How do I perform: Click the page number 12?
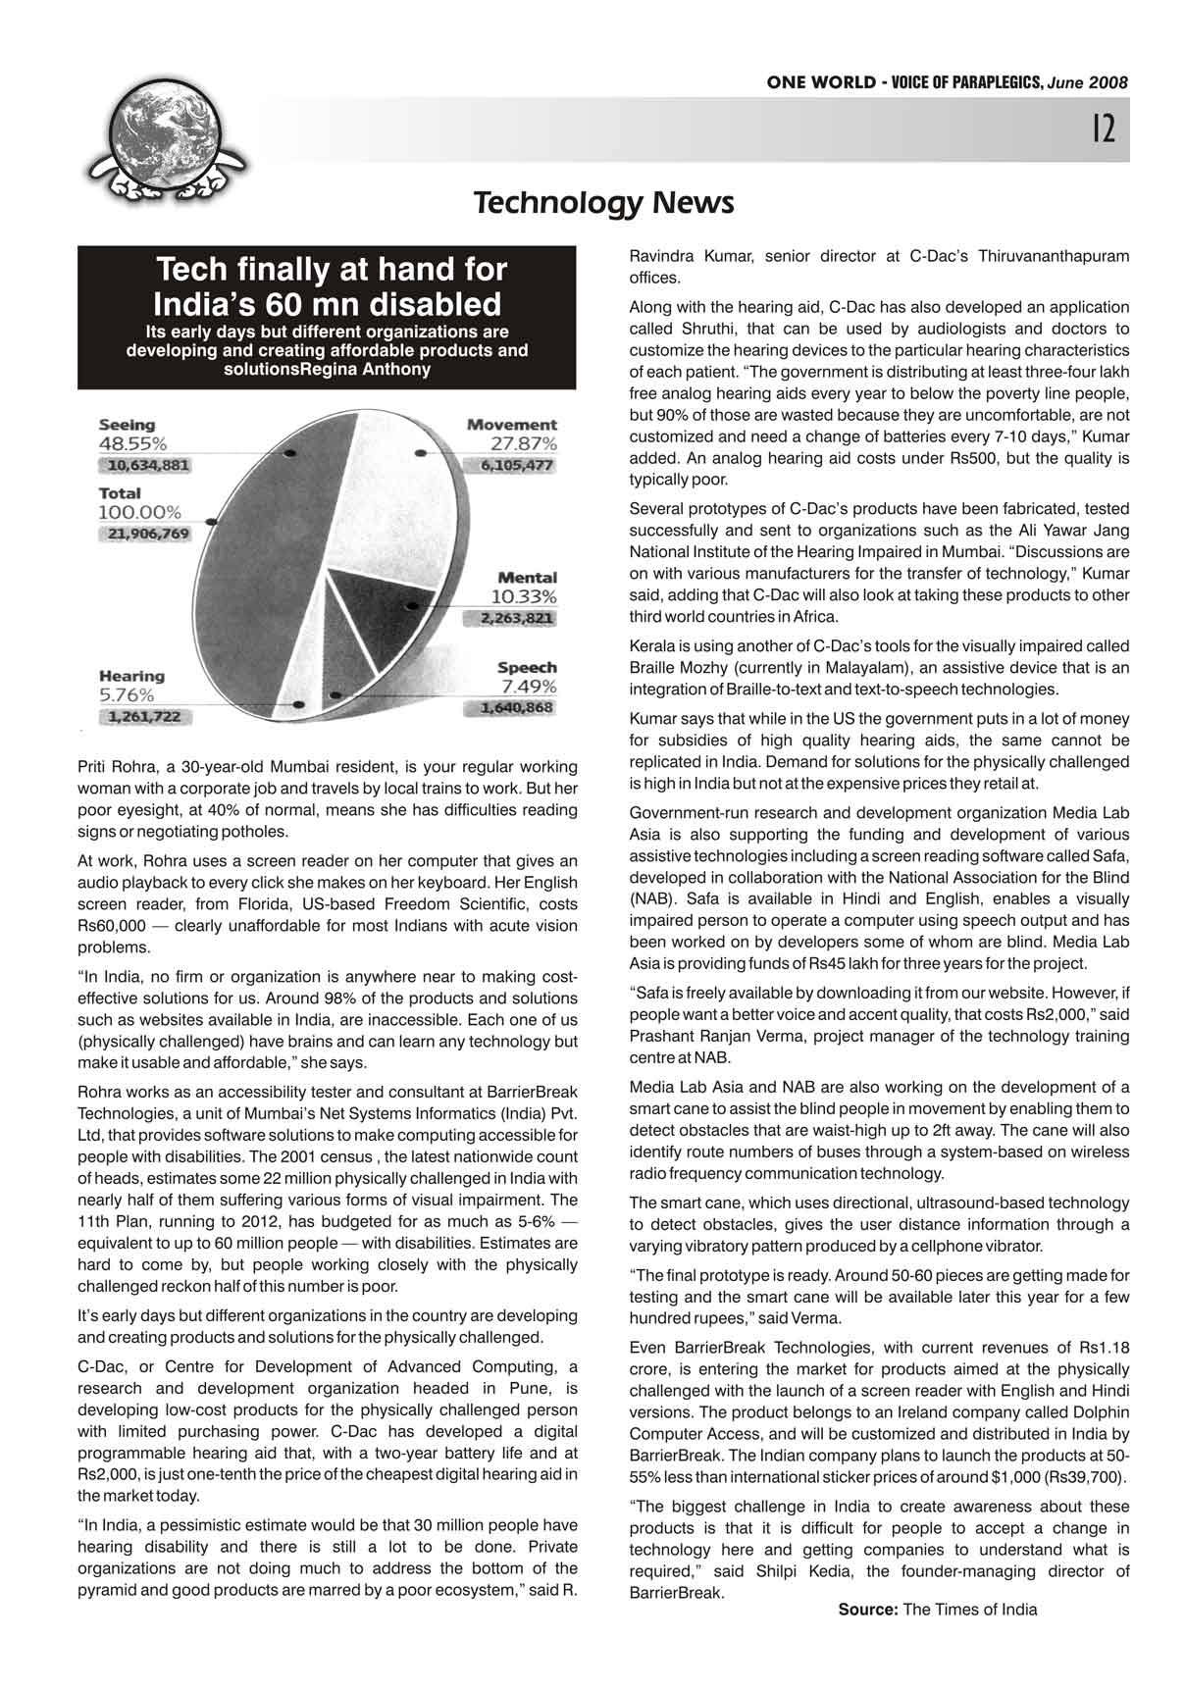[x=1104, y=128]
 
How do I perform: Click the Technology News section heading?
[x=603, y=203]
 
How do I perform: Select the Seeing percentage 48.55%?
[x=132, y=443]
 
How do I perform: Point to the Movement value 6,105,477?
[x=517, y=466]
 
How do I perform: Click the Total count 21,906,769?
[x=144, y=534]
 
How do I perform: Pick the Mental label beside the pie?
[x=527, y=578]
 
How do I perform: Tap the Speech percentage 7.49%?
[x=529, y=686]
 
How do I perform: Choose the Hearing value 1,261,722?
[x=144, y=717]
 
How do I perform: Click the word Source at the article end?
[x=867, y=1610]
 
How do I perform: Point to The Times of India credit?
[x=969, y=1610]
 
